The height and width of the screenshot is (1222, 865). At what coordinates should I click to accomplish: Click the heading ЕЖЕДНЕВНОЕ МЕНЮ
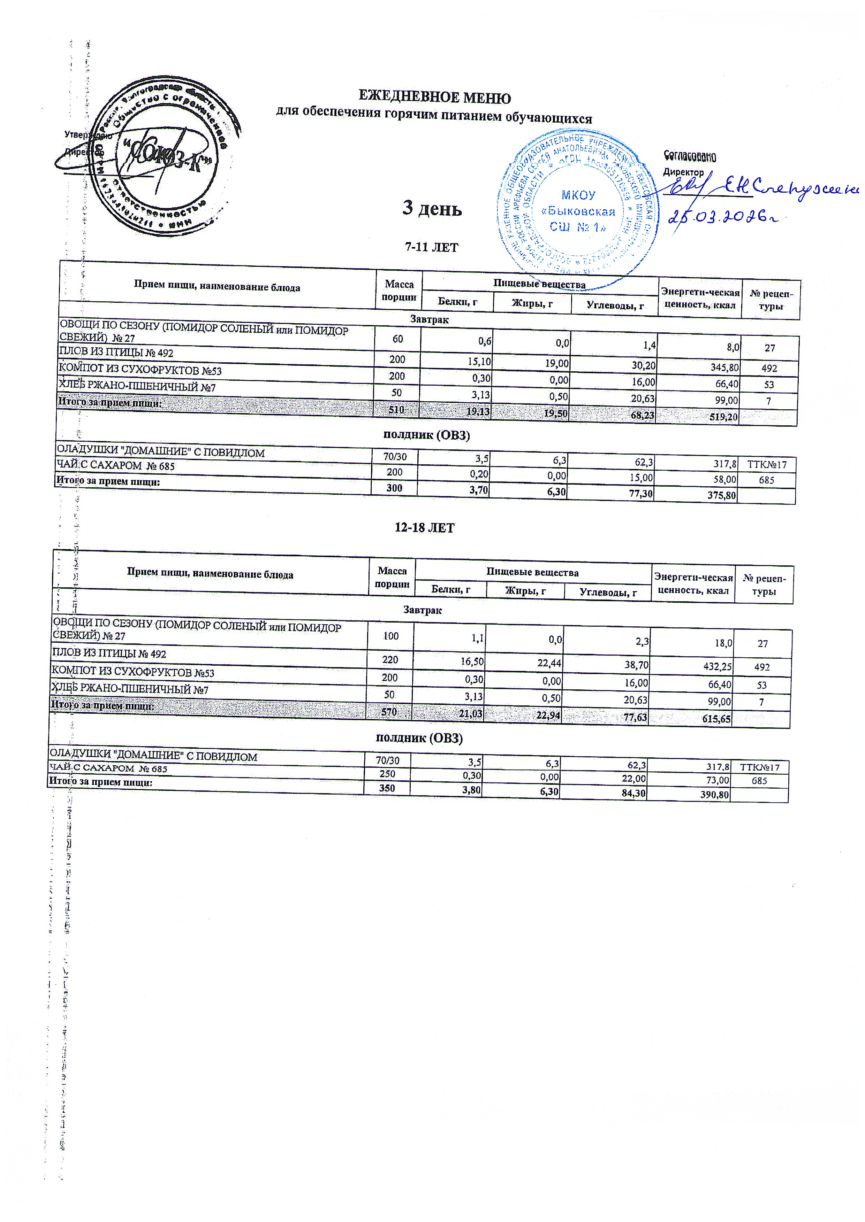click(x=434, y=98)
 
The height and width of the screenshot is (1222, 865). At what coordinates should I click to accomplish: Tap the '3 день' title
click(x=432, y=209)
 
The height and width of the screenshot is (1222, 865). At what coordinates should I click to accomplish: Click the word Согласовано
click(x=690, y=156)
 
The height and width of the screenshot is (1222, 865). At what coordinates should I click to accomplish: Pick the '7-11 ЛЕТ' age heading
click(x=431, y=247)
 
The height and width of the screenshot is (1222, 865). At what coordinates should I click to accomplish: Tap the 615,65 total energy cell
click(x=716, y=719)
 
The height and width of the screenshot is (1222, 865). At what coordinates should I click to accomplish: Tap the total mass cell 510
click(x=396, y=410)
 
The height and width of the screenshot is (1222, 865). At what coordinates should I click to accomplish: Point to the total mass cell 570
click(x=389, y=712)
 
